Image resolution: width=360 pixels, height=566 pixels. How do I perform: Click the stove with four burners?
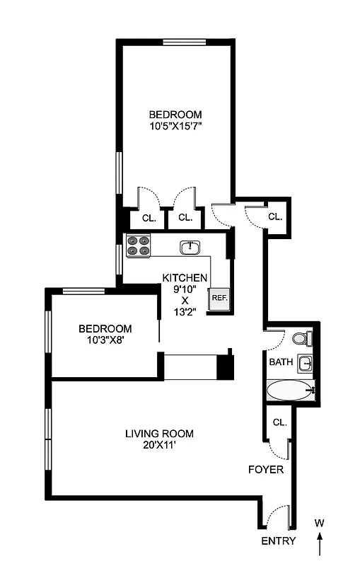138,246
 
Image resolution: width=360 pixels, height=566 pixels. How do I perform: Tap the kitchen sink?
190,247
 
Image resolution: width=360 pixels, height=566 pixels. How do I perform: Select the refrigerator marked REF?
218,298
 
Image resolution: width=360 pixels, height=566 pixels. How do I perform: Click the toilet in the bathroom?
302,339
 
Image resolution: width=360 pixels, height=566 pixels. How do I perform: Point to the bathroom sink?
304,364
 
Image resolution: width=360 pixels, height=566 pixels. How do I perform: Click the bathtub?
290,390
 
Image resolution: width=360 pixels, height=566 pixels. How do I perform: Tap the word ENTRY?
279,541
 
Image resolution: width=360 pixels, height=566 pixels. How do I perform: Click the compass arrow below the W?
320,545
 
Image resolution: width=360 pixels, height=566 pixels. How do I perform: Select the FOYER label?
266,469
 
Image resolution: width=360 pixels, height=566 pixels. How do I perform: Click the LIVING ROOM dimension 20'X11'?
159,446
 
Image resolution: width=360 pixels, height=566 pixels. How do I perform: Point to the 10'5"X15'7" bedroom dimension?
175,127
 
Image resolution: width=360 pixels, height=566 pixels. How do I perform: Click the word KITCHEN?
185,277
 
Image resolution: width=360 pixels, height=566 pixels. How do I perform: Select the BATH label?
280,362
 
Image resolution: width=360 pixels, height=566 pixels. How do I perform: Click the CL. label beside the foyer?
279,422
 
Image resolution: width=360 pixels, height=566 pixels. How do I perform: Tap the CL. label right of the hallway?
275,216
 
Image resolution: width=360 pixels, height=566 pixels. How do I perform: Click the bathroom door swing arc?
276,340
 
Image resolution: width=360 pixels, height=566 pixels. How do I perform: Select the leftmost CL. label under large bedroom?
149,218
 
